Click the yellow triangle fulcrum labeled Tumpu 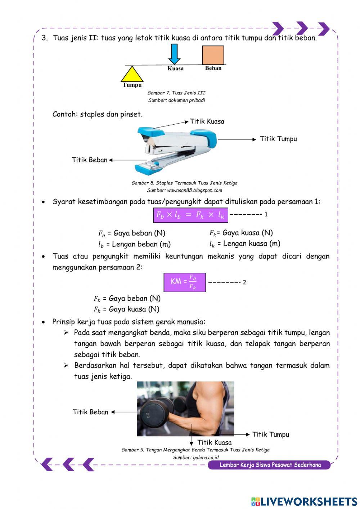point(132,75)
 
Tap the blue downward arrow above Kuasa point(174,54)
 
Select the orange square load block point(213,55)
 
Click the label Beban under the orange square point(213,68)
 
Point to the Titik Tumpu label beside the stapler point(278,139)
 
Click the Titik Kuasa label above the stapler point(207,121)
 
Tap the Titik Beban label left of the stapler point(90,160)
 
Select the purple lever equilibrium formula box point(190,215)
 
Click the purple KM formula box point(185,282)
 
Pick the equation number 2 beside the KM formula point(244,282)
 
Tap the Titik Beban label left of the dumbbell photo point(90,412)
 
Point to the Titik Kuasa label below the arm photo point(215,442)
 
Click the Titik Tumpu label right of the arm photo point(271,434)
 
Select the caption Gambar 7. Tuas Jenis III point(176,93)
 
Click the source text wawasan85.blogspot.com point(195,191)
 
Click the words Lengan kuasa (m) point(252,244)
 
